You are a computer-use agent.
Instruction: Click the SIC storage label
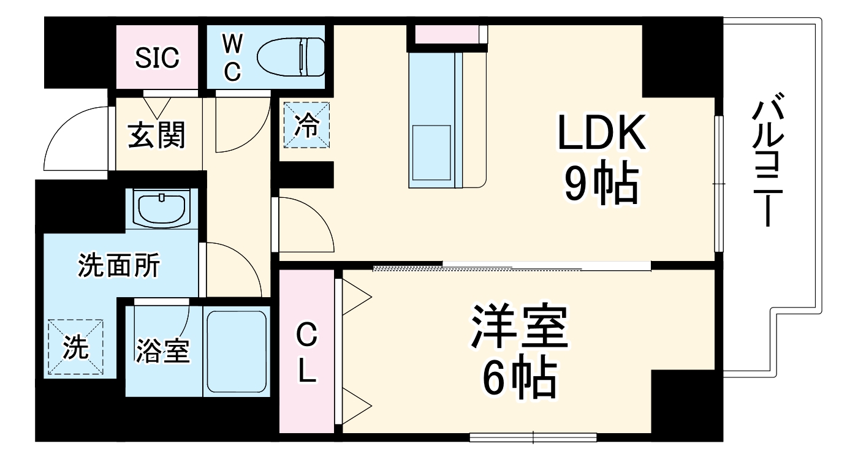(x=158, y=58)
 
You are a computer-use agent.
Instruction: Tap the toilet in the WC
(x=290, y=58)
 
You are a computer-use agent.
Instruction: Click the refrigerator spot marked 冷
(x=306, y=126)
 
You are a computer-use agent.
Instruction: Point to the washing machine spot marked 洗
(x=76, y=347)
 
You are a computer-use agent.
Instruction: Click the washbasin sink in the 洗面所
(x=161, y=208)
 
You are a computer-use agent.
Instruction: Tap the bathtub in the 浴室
(x=237, y=351)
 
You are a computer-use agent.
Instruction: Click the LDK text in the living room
(x=601, y=133)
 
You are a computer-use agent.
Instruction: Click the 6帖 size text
(x=520, y=377)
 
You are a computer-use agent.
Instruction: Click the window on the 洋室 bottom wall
(x=533, y=437)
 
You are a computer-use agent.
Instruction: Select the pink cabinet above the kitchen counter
(x=447, y=34)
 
